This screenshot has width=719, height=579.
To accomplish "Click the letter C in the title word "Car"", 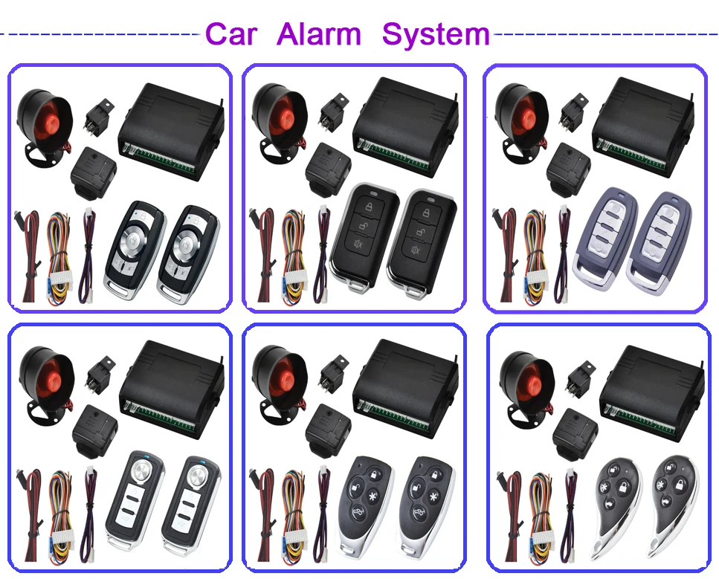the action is pyautogui.click(x=219, y=34).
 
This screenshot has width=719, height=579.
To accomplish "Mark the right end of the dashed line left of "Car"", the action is pyautogui.click(x=201, y=33).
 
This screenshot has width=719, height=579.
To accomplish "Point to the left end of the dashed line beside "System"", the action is pyautogui.click(x=494, y=33).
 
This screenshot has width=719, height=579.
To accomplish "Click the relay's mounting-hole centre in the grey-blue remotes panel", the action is pyautogui.click(x=581, y=100).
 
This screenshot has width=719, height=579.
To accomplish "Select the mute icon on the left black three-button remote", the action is pyautogui.click(x=358, y=245).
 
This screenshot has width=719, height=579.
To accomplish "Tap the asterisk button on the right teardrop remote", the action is pyautogui.click(x=661, y=485).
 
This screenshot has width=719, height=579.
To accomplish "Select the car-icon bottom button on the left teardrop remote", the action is pyautogui.click(x=608, y=505).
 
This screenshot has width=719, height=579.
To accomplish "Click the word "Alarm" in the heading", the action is pyautogui.click(x=319, y=34).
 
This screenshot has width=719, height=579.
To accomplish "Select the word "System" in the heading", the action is pyautogui.click(x=436, y=36).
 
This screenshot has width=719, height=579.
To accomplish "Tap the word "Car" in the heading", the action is pyautogui.click(x=231, y=34).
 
